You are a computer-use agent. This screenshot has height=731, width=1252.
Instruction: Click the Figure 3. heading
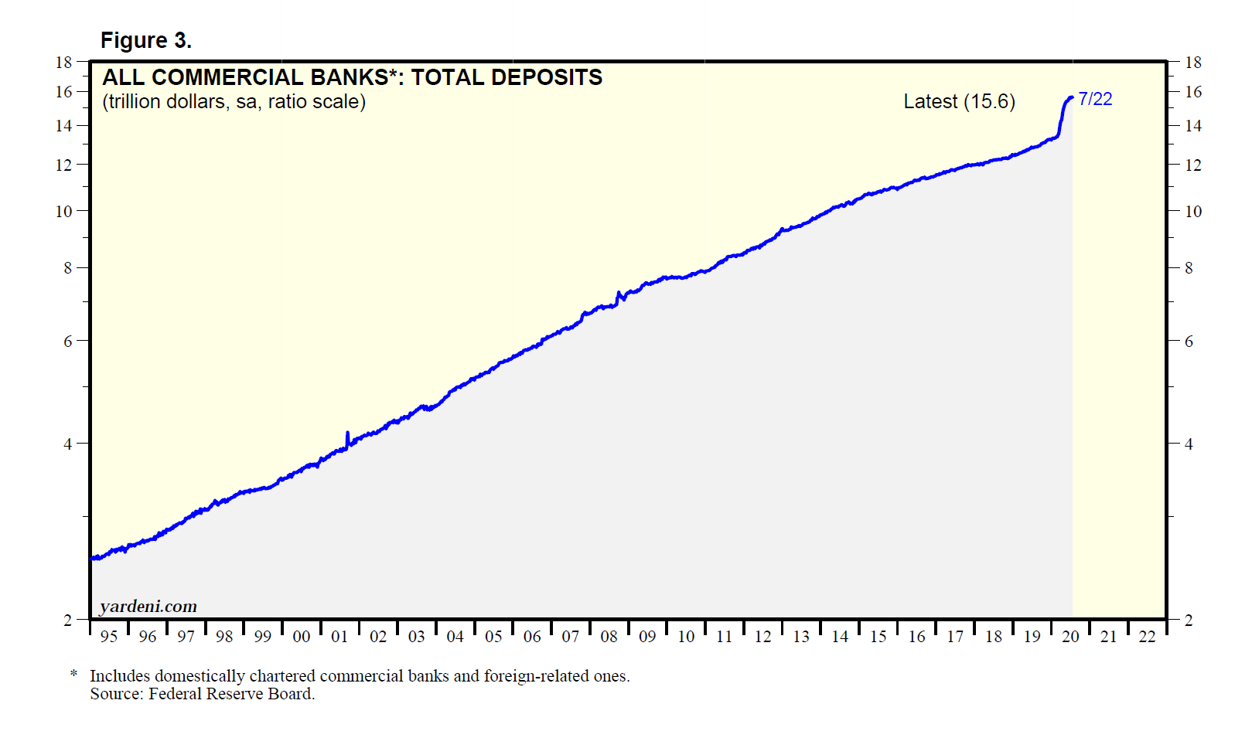145,40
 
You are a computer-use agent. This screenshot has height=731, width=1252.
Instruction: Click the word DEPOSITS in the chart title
546,77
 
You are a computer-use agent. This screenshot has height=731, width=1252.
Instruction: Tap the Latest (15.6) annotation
959,101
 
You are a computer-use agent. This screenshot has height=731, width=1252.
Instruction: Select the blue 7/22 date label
1095,99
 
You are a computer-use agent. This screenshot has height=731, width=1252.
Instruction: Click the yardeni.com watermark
148,607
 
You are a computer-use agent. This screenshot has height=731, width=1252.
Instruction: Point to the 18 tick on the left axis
63,62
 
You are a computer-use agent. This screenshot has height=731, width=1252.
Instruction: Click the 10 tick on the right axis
1193,211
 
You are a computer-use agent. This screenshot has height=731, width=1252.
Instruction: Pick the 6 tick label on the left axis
68,341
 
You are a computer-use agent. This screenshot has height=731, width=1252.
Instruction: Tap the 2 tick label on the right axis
1189,620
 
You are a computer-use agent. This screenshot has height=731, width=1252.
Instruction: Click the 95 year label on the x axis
109,637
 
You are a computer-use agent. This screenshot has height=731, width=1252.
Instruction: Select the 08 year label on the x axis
609,637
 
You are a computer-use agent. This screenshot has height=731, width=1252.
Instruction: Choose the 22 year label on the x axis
1147,637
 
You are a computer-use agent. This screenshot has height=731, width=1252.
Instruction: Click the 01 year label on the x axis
339,637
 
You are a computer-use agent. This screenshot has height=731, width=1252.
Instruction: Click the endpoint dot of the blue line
1071,97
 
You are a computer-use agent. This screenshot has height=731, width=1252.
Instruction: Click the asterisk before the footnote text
74,675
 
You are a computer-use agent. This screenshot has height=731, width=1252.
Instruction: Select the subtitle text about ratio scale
234,101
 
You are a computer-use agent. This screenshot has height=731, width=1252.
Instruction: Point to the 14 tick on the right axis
1193,125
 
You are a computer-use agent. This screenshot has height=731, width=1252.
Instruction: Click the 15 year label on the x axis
878,637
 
